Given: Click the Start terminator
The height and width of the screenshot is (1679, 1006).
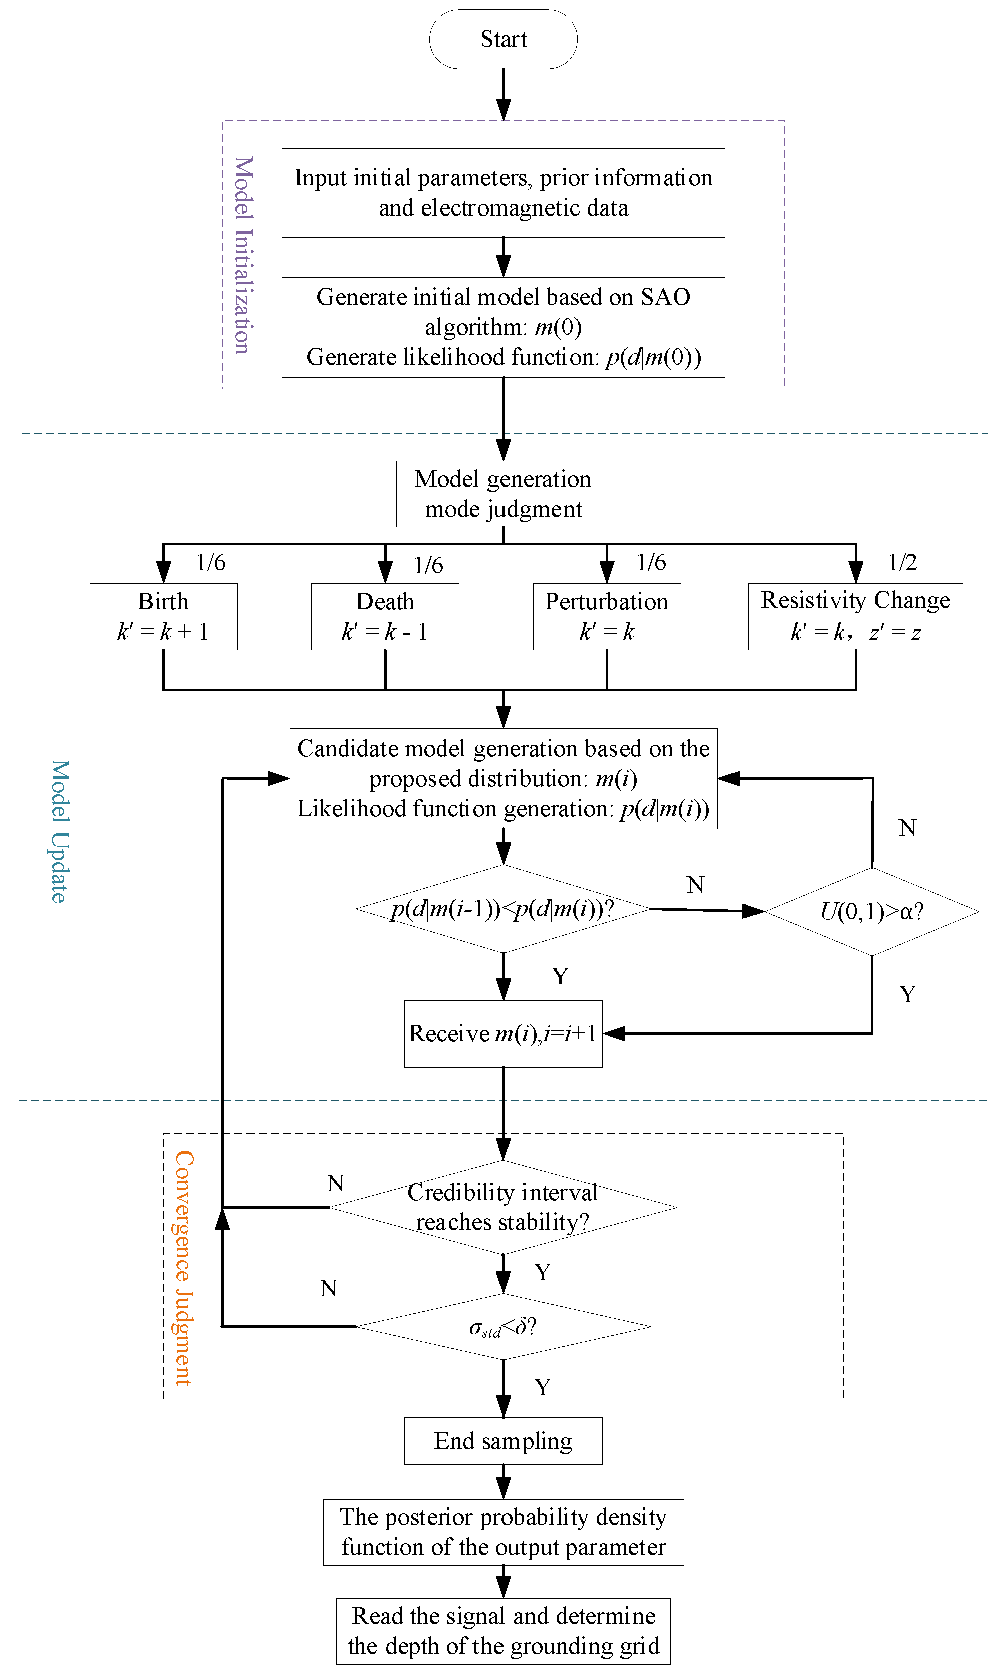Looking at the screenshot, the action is tap(503, 39).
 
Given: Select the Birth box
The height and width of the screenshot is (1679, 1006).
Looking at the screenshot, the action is tap(163, 616).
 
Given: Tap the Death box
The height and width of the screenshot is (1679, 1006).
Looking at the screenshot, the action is tap(385, 616).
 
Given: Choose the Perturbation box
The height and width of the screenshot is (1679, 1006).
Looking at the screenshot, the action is tap(607, 616).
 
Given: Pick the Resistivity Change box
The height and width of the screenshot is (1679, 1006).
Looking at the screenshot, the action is tap(856, 616).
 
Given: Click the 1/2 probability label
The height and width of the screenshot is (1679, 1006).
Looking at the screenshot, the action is tap(902, 562).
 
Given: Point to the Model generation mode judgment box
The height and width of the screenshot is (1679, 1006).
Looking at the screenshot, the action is tap(504, 494).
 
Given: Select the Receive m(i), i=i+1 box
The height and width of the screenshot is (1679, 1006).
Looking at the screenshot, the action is tap(503, 1033).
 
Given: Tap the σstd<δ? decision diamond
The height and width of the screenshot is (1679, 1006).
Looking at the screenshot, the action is tap(503, 1326).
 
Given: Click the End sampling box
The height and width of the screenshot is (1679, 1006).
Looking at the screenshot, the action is tap(503, 1441).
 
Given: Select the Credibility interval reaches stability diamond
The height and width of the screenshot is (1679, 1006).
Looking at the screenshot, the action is tap(503, 1207).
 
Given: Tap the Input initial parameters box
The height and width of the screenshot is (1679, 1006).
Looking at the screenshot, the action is tap(503, 192).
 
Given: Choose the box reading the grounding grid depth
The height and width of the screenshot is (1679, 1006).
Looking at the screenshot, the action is tap(503, 1631).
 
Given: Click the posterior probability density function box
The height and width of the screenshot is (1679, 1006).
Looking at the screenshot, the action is tap(503, 1532).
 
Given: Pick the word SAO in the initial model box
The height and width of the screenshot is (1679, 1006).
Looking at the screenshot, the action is tap(666, 297).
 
